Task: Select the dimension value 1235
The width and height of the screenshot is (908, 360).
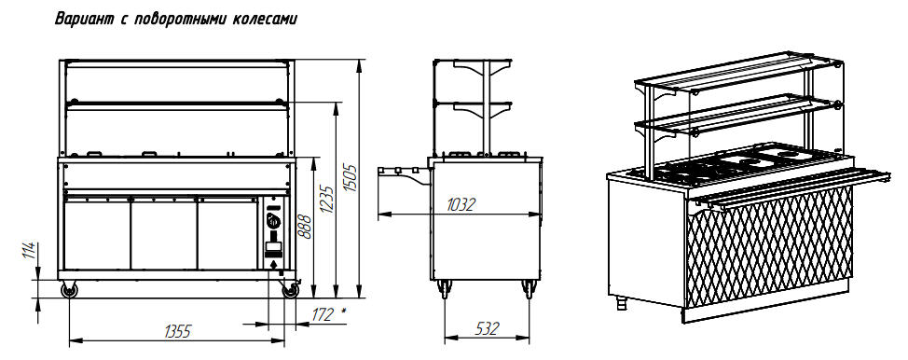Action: [x=328, y=200]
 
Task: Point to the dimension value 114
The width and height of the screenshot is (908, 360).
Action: [x=34, y=251]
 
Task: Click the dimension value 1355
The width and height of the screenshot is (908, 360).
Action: [x=177, y=332]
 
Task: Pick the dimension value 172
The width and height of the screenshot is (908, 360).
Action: [x=323, y=314]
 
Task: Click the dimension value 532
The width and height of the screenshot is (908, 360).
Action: [x=487, y=328]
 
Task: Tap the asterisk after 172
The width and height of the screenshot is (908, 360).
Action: [x=344, y=311]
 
